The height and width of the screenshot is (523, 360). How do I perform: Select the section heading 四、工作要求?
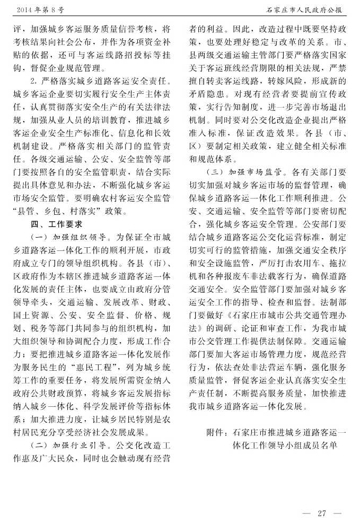[x=56, y=223]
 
